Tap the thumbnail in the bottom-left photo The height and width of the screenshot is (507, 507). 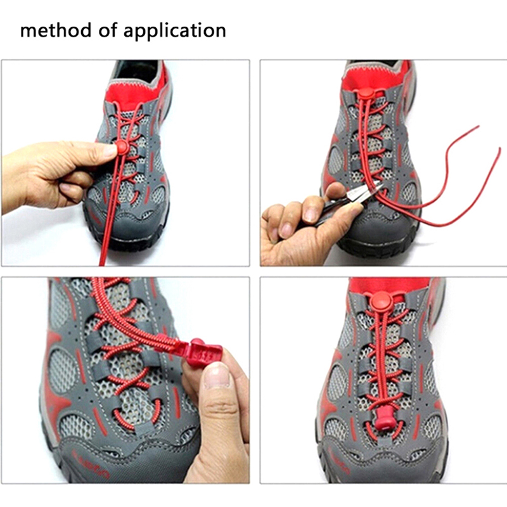click(217, 375)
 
